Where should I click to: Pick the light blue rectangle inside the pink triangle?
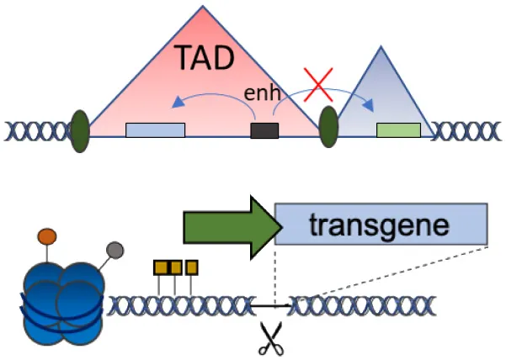155,130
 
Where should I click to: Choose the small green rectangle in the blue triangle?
398,130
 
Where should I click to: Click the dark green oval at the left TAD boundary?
81,130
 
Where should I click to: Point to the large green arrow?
227,226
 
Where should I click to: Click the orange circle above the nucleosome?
47,236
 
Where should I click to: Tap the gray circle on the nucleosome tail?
115,250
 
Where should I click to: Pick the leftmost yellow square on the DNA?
160,268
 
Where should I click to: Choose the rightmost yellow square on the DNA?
192,268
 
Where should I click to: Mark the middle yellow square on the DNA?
176,268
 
